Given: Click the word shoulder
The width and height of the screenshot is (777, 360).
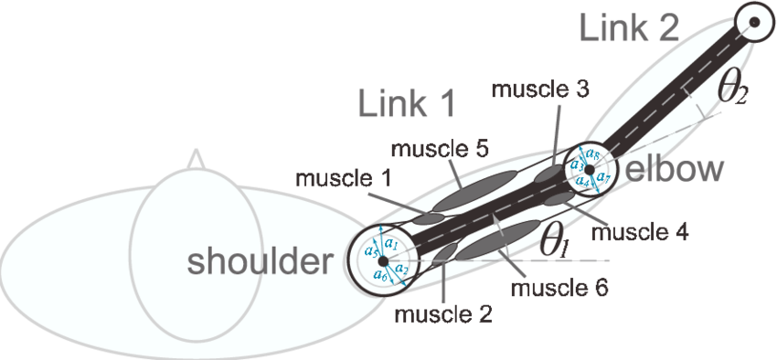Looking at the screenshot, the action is click(x=256, y=262).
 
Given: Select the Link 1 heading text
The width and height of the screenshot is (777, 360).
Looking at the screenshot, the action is click(x=408, y=104).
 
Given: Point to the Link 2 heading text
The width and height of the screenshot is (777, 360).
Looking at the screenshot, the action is click(x=629, y=28).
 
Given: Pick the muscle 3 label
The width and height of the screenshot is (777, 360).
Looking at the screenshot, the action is click(x=539, y=90).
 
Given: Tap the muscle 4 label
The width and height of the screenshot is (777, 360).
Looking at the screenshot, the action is click(x=639, y=232).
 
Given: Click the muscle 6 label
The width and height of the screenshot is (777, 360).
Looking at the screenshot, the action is click(x=559, y=290).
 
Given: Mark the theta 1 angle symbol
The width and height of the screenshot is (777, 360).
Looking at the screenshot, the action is click(x=554, y=244).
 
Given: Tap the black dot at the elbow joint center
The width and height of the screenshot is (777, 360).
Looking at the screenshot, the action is click(x=590, y=170).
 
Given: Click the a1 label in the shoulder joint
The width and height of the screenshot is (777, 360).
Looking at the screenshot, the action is click(x=390, y=243).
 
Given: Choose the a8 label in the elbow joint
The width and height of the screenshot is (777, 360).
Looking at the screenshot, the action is click(x=592, y=154).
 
